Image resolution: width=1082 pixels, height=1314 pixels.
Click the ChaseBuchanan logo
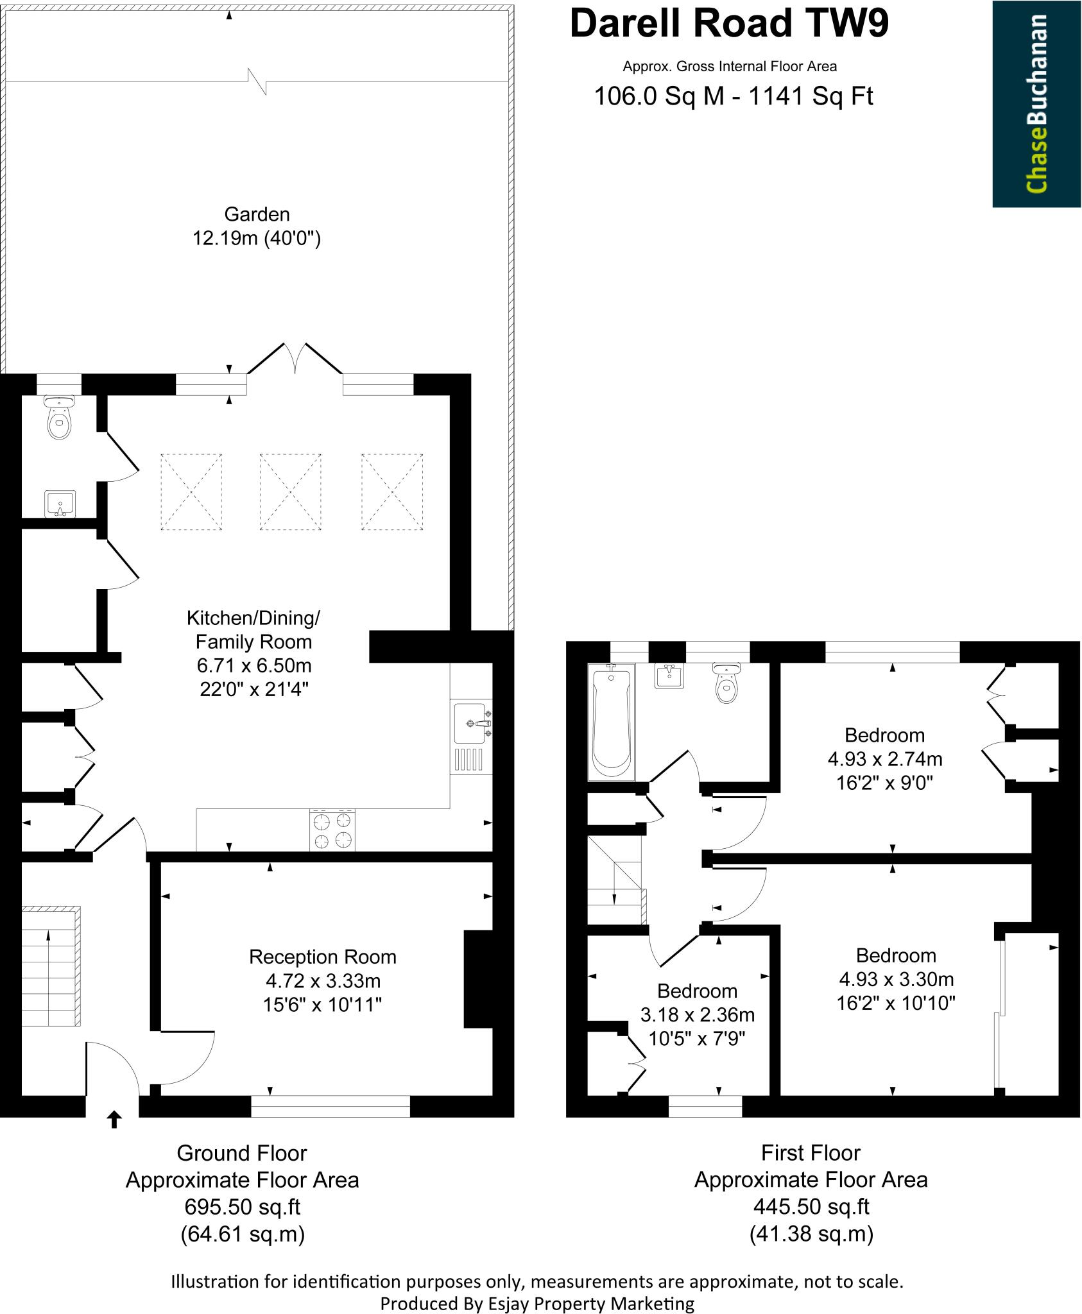(1036, 103)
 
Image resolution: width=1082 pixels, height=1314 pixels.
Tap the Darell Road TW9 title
(729, 24)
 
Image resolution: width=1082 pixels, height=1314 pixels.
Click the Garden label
(256, 214)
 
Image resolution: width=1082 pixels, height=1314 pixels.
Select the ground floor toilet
(59, 418)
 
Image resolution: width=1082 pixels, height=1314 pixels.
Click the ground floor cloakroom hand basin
(60, 504)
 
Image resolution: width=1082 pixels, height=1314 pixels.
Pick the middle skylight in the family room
(290, 491)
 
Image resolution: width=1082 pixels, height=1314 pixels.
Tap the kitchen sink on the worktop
(471, 723)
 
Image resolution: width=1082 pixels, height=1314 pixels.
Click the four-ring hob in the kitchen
(332, 830)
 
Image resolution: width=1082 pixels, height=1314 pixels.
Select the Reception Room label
(322, 957)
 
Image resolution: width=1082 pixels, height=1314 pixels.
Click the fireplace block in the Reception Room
(477, 978)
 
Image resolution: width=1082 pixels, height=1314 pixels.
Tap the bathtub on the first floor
(611, 722)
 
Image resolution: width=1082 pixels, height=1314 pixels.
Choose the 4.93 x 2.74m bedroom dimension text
(884, 759)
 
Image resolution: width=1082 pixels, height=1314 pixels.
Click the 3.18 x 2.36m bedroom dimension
(697, 1014)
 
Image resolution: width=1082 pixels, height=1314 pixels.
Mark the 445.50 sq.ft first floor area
(811, 1207)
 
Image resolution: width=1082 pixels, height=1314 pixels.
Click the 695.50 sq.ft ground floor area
(242, 1207)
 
